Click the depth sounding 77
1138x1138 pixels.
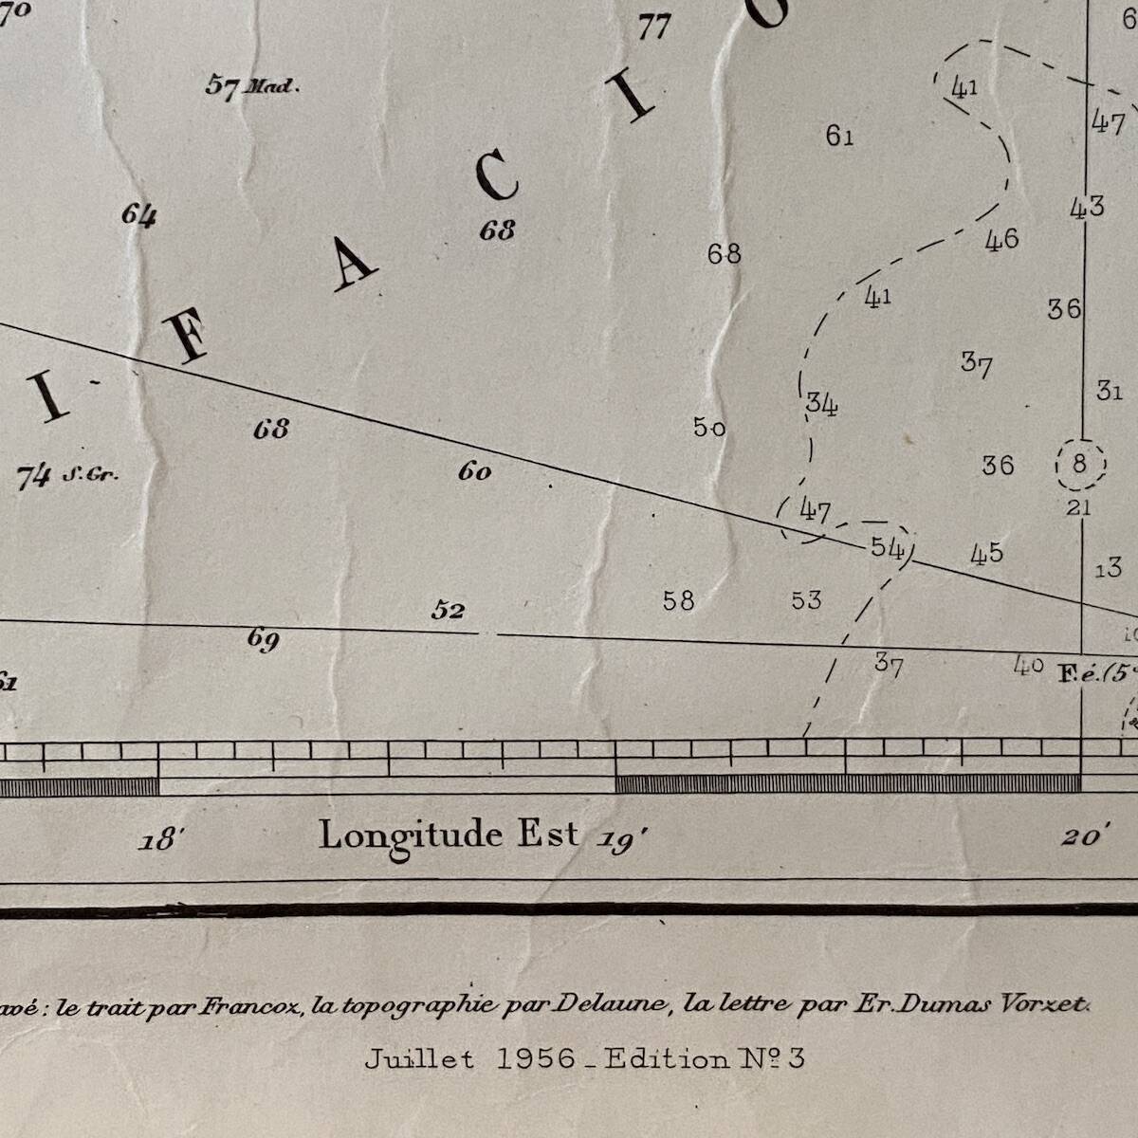(653, 26)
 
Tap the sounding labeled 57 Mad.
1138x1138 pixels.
(250, 86)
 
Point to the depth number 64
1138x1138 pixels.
(138, 215)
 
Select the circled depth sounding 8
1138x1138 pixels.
(1079, 464)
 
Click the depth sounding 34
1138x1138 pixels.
(821, 404)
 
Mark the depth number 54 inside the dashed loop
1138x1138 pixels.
(887, 548)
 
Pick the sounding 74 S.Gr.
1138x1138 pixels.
(66, 475)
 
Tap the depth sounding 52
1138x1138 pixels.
(448, 610)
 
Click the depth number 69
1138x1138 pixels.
(263, 639)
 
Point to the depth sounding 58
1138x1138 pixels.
(678, 600)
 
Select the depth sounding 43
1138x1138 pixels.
(1087, 206)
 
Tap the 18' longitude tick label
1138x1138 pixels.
(159, 840)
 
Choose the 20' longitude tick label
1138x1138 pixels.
(1080, 836)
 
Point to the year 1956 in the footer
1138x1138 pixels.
(536, 1058)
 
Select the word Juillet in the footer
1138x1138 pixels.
(418, 1058)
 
